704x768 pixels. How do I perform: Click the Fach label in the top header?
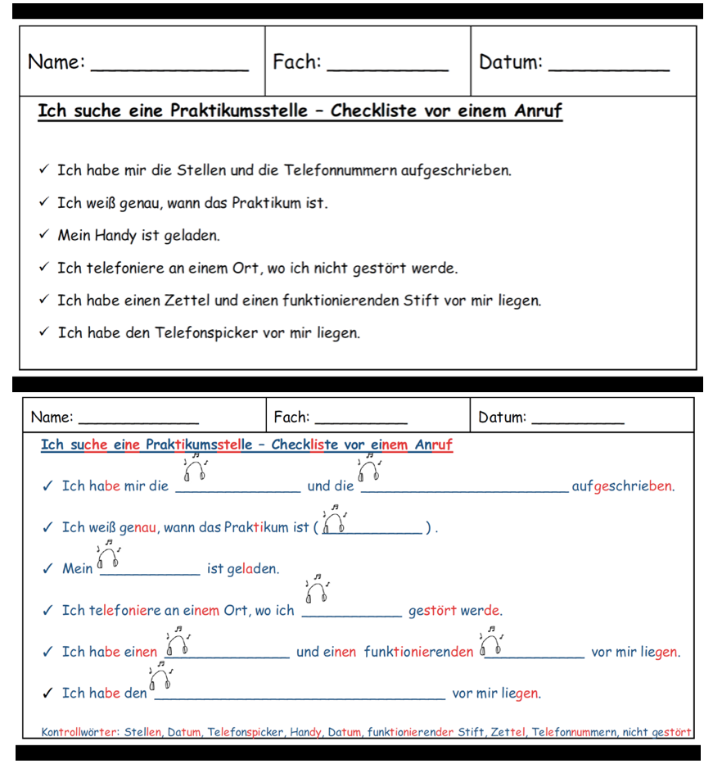[296, 62]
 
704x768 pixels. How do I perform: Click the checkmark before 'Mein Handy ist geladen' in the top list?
[45, 236]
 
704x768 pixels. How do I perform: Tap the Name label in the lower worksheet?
[52, 418]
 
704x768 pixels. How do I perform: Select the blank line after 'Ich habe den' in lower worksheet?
[300, 698]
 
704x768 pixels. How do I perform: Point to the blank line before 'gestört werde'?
[352, 615]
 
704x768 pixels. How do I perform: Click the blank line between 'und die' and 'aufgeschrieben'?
[464, 491]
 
